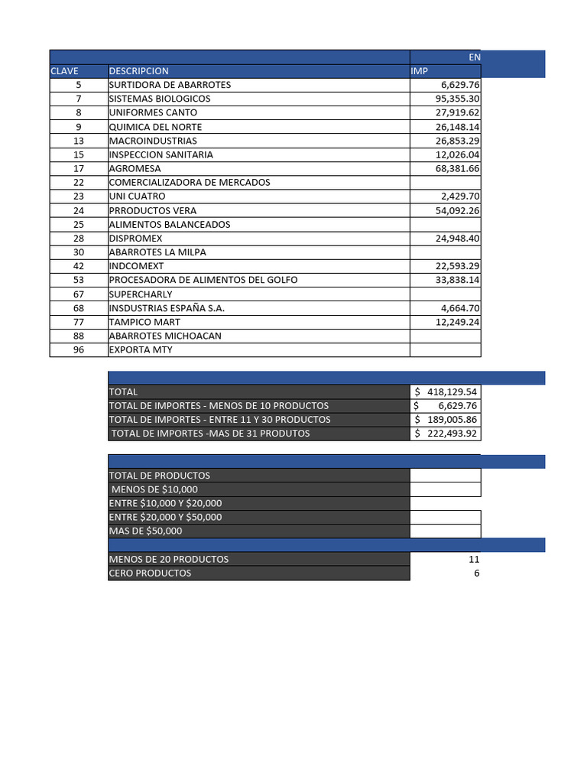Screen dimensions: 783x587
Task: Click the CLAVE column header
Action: [64, 71]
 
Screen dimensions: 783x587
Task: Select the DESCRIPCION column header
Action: [138, 71]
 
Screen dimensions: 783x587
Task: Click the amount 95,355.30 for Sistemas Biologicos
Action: [457, 99]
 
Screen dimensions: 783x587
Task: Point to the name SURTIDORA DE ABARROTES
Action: [170, 85]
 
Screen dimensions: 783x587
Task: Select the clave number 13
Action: [79, 141]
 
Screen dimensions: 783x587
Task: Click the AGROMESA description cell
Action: [135, 168]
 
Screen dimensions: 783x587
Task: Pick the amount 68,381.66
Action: [457, 168]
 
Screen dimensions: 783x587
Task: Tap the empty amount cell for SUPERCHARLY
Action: [445, 294]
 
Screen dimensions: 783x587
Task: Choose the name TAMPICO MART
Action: [144, 322]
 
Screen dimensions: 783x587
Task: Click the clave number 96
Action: [79, 350]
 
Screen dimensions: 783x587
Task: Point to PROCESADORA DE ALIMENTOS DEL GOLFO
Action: [203, 280]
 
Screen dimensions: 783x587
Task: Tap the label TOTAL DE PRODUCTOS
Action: [160, 476]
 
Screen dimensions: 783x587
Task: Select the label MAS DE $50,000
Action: [146, 531]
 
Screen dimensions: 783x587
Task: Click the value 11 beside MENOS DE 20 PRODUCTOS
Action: [474, 559]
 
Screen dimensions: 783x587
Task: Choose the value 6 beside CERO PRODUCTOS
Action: [476, 573]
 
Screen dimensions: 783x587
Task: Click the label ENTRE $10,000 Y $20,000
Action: [166, 503]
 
